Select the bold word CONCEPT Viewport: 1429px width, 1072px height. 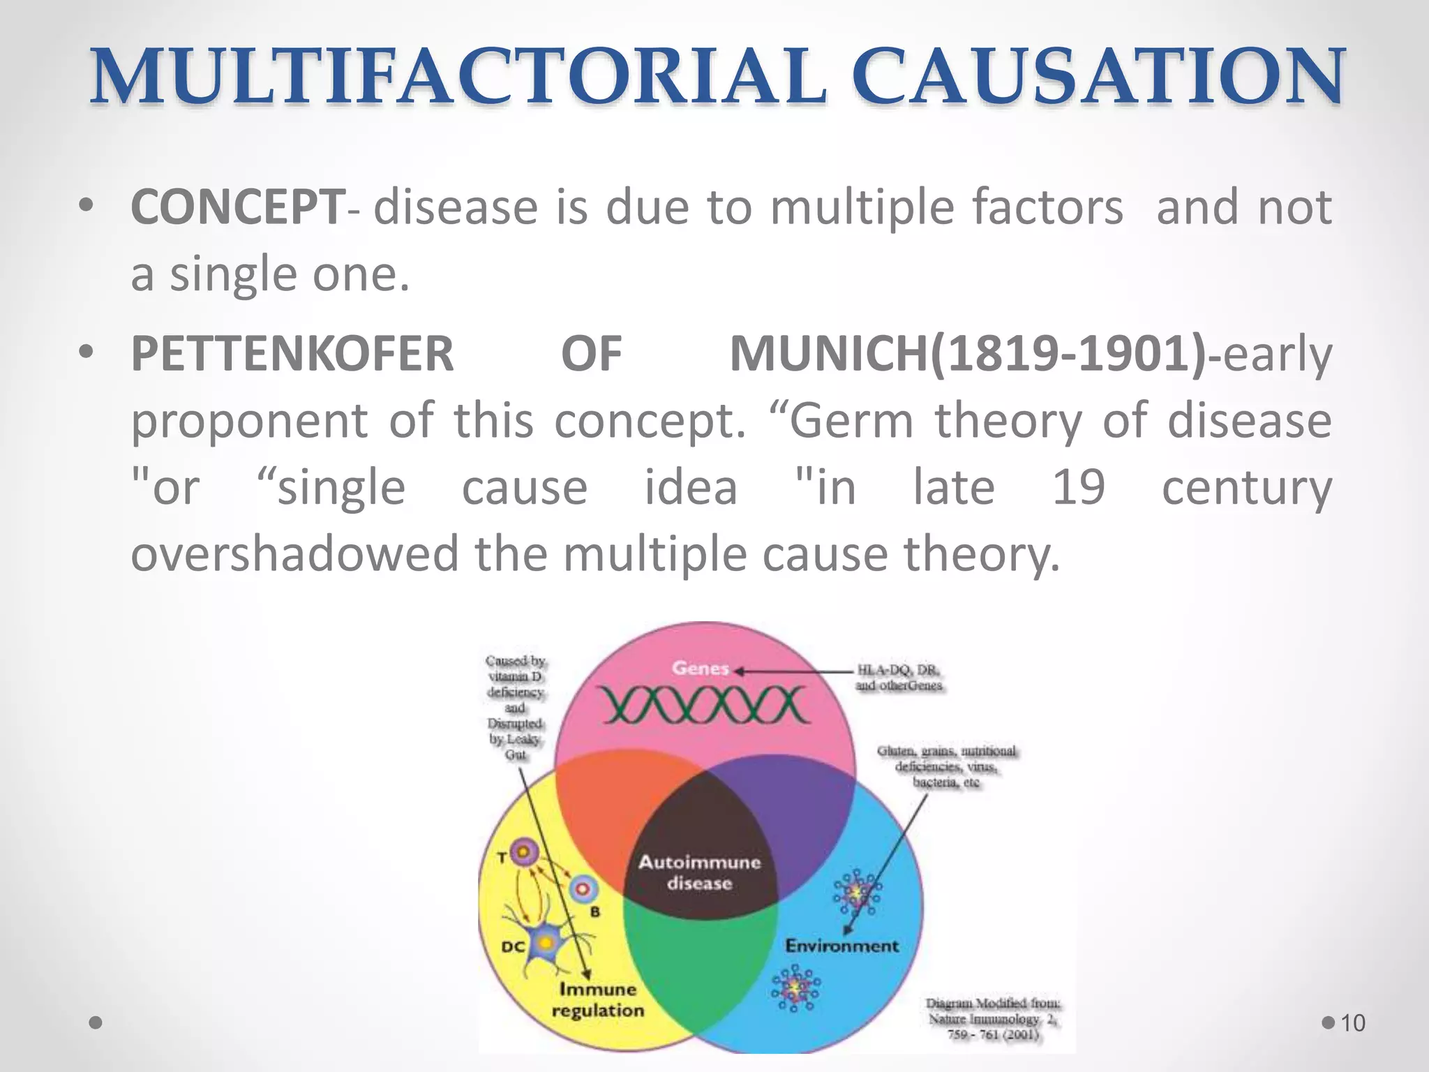click(237, 207)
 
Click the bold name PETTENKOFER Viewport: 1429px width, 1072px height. click(292, 354)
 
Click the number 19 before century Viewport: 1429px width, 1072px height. click(1078, 487)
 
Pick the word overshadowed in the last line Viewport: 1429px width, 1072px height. click(294, 553)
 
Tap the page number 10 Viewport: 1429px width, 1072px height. click(1352, 1023)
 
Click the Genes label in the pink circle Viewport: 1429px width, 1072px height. click(700, 669)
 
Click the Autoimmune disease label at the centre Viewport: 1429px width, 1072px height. click(699, 872)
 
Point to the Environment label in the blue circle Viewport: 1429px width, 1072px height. click(841, 946)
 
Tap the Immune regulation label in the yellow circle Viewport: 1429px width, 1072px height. click(598, 999)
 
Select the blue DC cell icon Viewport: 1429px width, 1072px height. click(544, 944)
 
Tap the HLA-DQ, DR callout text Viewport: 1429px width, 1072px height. click(899, 677)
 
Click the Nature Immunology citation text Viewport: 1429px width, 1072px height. click(993, 1019)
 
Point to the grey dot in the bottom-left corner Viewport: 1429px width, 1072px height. click(96, 1023)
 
